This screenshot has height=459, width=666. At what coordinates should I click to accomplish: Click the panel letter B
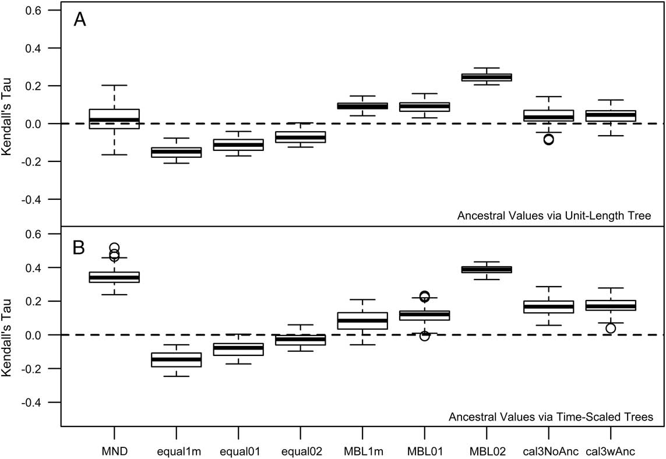point(80,247)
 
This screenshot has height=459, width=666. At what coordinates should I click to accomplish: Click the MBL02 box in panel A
point(487,77)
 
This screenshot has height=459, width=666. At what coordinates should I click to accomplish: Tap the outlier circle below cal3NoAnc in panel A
point(548,139)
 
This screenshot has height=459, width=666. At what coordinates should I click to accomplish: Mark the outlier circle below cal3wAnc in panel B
point(610,328)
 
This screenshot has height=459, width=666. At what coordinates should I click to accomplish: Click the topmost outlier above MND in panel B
point(114,248)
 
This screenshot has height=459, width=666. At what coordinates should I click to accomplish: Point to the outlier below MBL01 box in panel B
point(424,336)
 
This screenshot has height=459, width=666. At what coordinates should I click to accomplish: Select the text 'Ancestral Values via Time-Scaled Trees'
point(550,416)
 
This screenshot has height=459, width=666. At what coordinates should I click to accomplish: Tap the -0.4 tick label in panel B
point(38,402)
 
